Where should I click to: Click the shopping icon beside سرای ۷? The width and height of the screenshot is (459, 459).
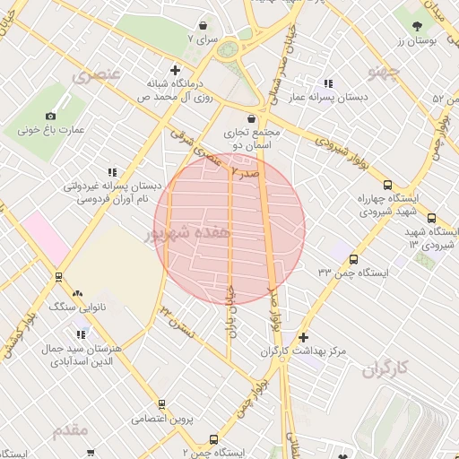click(205, 26)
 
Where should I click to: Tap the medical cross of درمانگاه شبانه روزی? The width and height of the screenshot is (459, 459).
click(176, 69)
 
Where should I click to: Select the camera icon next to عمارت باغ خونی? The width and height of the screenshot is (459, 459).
click(50, 116)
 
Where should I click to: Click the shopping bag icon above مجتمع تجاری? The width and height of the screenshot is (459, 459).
click(251, 117)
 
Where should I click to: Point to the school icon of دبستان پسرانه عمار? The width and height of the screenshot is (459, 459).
click(329, 83)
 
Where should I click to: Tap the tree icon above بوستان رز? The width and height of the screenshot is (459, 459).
click(418, 25)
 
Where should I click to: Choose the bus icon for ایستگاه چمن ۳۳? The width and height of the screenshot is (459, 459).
click(353, 260)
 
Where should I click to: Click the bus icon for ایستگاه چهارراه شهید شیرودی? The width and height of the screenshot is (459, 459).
click(431, 218)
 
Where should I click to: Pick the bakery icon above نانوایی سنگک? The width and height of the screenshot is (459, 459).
click(76, 292)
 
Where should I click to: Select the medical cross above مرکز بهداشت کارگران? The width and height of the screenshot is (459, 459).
click(304, 337)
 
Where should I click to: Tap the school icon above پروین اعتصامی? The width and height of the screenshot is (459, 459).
click(167, 403)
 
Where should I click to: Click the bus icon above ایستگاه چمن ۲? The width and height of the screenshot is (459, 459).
click(213, 439)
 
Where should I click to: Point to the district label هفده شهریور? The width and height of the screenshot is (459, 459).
click(188, 233)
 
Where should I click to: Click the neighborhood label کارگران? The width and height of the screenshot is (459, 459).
click(386, 368)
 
